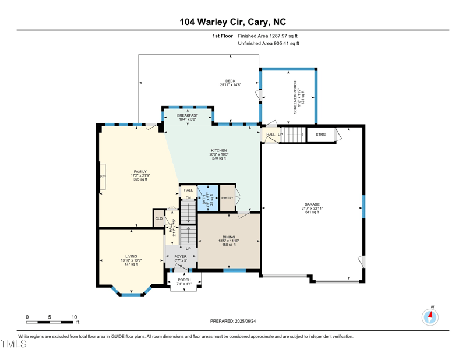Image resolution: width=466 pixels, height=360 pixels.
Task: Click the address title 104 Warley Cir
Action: [x=233, y=22]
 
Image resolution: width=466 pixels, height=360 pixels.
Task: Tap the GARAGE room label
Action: [x=312, y=204]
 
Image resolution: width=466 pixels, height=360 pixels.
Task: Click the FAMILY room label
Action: [x=140, y=172]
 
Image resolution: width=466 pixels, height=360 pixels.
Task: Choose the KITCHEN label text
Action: [x=219, y=150]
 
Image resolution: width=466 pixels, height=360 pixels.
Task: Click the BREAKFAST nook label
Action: [x=188, y=115]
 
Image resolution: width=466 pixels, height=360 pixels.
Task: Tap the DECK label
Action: [x=231, y=82]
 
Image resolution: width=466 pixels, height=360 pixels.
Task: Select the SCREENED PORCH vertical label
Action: [x=295, y=97]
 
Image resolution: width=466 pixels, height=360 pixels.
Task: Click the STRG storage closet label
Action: [x=320, y=135]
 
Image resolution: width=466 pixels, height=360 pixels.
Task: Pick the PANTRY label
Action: [x=227, y=198]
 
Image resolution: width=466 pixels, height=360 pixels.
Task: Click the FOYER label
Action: [x=181, y=256]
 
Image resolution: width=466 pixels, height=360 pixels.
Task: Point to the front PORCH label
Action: [x=184, y=280]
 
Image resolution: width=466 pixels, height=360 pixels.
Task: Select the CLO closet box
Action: [x=159, y=219]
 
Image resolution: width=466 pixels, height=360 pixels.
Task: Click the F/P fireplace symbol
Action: [x=103, y=177]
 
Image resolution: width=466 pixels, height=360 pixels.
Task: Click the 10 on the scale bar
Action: [x=74, y=317]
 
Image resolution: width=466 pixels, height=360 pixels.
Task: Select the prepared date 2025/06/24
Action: [x=233, y=321]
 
